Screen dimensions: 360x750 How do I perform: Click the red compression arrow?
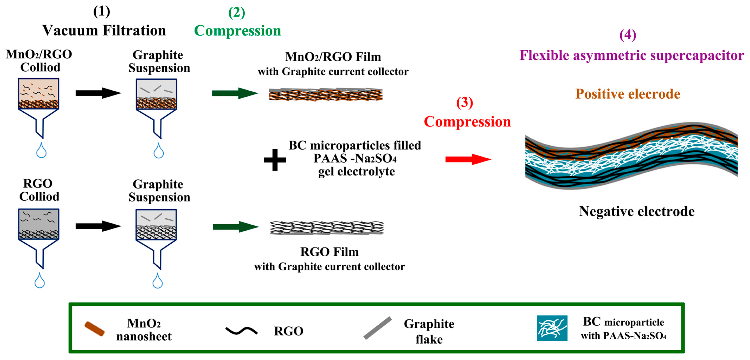pos(468,159)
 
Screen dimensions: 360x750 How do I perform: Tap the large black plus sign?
pos(275,160)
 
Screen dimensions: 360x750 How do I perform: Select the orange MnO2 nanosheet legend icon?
pos(94,329)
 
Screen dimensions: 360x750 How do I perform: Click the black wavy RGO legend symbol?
pos(241,331)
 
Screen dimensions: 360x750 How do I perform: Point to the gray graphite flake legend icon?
pos(378,328)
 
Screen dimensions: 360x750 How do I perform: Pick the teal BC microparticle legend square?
pos(552,328)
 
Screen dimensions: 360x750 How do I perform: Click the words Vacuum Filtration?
pos(104,31)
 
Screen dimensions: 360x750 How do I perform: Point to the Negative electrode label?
pos(636,212)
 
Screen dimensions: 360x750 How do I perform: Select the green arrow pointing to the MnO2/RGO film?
pos(235,93)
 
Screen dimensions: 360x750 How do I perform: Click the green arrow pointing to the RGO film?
pos(235,227)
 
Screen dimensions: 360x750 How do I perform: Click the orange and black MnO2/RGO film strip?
pos(325,95)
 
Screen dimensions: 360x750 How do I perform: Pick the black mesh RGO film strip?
pos(326,228)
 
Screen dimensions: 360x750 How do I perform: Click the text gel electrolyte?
pos(356,172)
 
